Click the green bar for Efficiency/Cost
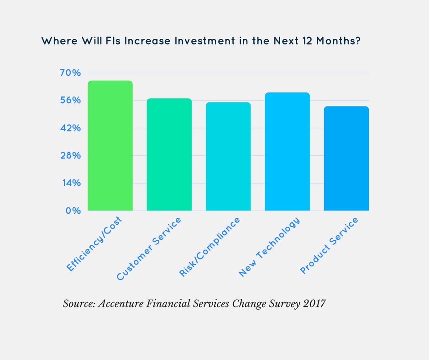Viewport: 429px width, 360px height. (110, 146)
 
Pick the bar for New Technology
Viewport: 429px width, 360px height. (287, 152)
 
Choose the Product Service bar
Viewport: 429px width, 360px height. (346, 159)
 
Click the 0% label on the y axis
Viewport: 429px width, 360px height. (73, 211)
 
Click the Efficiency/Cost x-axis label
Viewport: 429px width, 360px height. (96, 245)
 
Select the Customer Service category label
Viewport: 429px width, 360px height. (149, 249)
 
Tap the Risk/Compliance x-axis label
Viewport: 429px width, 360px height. (209, 247)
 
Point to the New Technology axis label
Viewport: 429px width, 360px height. (269, 247)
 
